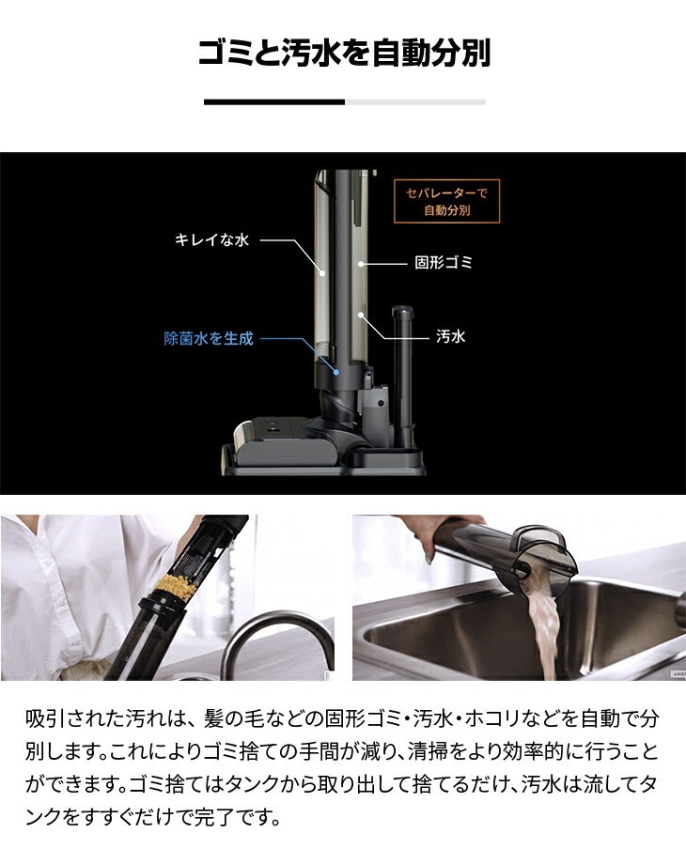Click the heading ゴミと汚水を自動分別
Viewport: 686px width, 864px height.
click(344, 53)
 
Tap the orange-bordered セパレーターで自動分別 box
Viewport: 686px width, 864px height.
click(446, 201)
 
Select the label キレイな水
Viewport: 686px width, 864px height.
click(211, 239)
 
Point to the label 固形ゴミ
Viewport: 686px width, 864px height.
click(444, 263)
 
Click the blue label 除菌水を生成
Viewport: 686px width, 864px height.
click(209, 338)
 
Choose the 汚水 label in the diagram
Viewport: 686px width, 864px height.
click(450, 336)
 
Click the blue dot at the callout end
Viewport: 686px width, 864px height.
click(335, 372)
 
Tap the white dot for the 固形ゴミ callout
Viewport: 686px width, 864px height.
click(361, 264)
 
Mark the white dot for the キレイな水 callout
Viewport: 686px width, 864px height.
click(323, 271)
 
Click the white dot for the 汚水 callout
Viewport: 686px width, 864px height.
click(361, 316)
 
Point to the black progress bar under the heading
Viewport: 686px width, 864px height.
click(274, 102)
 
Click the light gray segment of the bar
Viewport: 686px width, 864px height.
click(415, 102)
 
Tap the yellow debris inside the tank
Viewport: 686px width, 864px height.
click(177, 588)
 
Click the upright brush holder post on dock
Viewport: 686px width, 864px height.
click(402, 375)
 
